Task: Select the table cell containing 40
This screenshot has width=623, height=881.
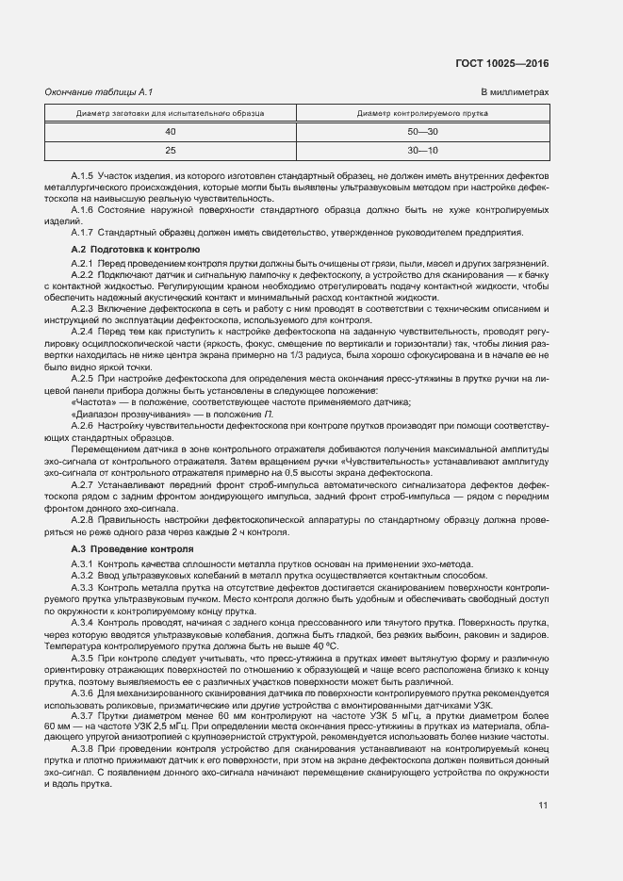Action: tap(171, 131)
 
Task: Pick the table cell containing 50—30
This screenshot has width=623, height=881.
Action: tap(422, 131)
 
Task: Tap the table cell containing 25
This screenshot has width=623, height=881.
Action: tap(171, 150)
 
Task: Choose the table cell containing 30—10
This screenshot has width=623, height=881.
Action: tap(422, 150)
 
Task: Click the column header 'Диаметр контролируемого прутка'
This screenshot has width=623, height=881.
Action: tap(422, 113)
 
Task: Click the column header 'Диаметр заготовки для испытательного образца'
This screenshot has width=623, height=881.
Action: tap(171, 113)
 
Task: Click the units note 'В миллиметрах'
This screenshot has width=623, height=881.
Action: tap(515, 92)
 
